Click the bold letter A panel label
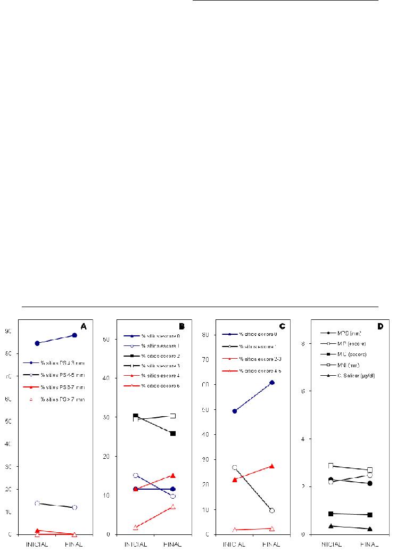83,326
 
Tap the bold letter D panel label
380,326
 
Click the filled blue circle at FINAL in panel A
75,335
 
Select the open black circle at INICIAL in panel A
37,503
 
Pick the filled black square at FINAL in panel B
173,434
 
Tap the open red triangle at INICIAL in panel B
136,527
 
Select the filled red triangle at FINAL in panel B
173,475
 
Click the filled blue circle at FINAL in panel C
272,383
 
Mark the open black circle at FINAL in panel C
272,510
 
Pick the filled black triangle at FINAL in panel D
369,529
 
